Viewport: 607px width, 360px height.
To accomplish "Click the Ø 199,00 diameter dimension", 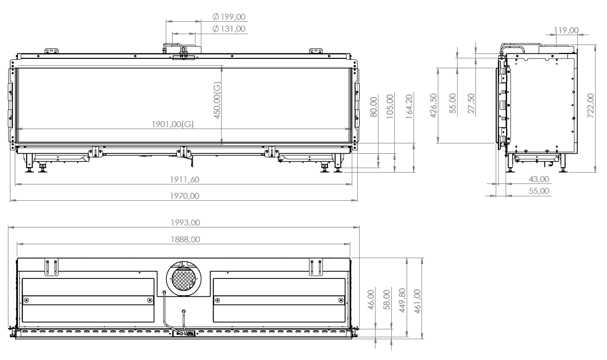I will (x=229, y=17).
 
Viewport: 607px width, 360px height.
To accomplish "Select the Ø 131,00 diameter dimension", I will (x=229, y=29).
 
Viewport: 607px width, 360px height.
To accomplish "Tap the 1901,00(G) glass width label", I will (x=173, y=124).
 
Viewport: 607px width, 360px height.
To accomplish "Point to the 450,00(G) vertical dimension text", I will (x=216, y=100).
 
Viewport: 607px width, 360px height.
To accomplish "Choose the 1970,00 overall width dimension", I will (x=183, y=196).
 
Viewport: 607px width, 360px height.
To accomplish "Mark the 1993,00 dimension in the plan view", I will (x=184, y=223).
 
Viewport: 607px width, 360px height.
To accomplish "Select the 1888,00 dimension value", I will (x=184, y=239).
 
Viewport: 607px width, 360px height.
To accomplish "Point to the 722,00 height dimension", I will (x=590, y=104).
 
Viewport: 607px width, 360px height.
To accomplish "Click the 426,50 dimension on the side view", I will (x=433, y=105).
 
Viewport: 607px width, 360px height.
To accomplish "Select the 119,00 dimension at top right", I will (x=566, y=31).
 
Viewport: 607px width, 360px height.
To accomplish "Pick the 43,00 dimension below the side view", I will (x=539, y=179).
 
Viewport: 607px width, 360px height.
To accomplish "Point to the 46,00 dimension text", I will (x=372, y=300).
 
